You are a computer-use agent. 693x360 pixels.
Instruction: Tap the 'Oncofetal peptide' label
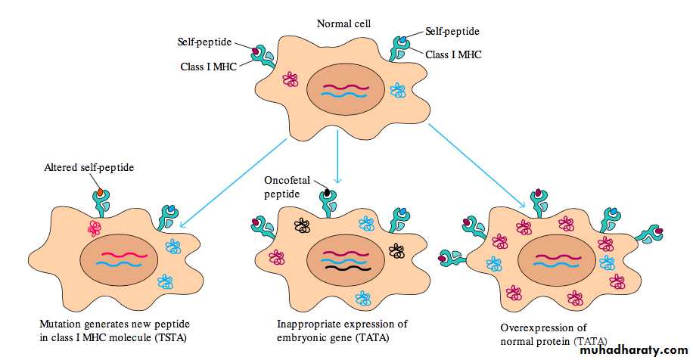tap(284, 186)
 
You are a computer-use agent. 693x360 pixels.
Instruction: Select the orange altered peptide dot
tap(101, 194)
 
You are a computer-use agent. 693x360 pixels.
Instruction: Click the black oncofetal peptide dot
tap(327, 193)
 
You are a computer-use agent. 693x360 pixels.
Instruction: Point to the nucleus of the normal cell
tap(344, 92)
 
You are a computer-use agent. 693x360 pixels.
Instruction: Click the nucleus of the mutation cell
tap(119, 261)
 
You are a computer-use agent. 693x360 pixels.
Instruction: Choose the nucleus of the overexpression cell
tap(556, 262)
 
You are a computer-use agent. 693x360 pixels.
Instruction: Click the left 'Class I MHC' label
tap(208, 67)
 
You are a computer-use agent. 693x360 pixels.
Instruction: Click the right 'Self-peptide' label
tap(452, 32)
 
